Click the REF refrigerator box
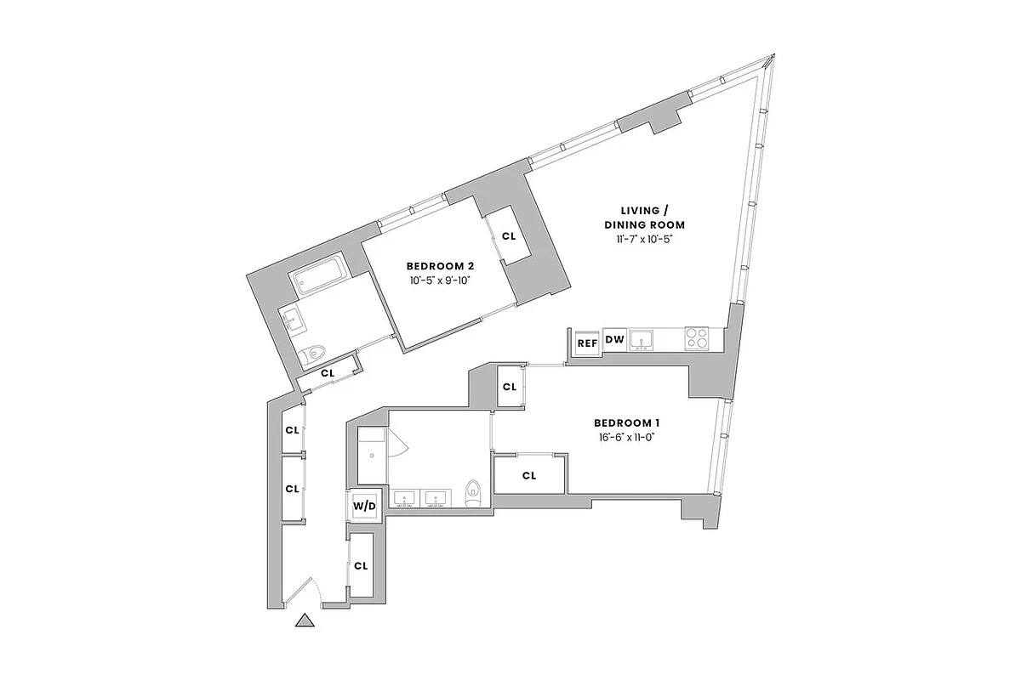587,343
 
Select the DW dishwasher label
614,341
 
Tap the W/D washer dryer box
364,506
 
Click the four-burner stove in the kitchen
698,338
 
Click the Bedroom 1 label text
627,422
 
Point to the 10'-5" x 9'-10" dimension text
439,280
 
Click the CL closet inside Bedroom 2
509,237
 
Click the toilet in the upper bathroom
317,351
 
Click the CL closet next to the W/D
361,565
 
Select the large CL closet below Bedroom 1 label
529,476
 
